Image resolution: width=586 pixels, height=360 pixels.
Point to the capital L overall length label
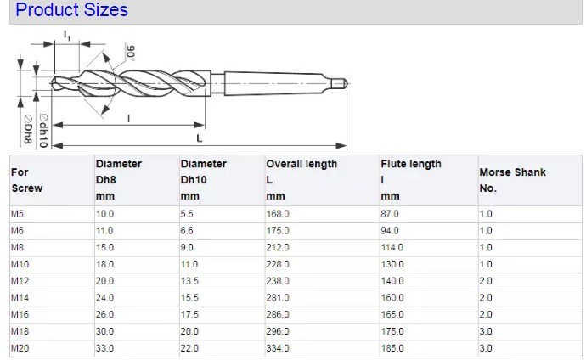point(199,137)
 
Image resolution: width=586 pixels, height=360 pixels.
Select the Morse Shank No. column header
point(512,180)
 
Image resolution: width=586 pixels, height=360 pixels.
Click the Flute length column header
point(411,164)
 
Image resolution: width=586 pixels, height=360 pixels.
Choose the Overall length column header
point(301,164)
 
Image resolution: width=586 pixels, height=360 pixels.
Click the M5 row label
point(17,215)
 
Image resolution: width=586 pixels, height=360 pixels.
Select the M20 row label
point(19,349)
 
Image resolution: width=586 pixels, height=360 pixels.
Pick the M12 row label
point(19,282)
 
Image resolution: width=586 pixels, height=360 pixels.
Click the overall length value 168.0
point(278,215)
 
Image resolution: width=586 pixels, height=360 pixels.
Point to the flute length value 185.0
point(392,349)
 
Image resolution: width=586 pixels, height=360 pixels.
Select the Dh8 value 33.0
point(104,349)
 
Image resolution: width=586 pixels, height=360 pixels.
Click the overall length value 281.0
point(278,299)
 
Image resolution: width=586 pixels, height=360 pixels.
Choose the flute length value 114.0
point(392,249)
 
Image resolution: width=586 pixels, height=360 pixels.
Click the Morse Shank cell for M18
point(486,332)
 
